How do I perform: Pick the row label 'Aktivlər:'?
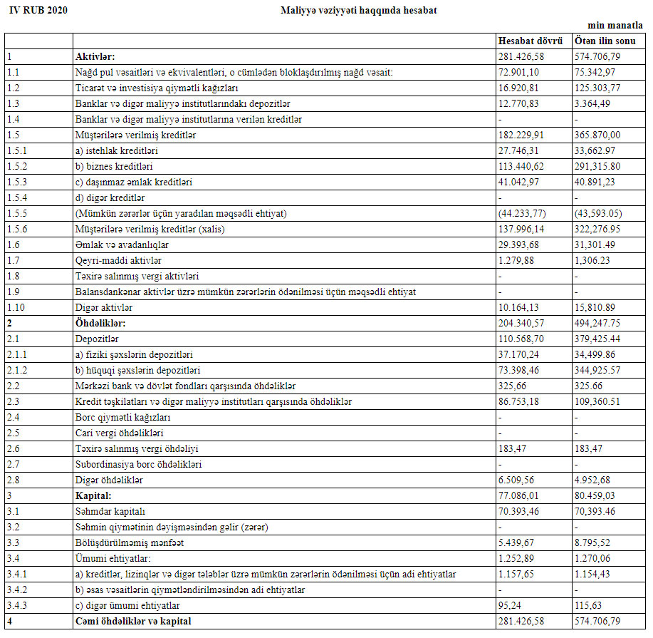click(95, 56)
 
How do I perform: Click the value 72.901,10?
click(518, 71)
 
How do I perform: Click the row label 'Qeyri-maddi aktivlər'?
click(115, 260)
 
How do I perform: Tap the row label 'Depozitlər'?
click(96, 339)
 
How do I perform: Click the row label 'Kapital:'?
click(95, 495)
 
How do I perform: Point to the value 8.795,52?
click(595, 542)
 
